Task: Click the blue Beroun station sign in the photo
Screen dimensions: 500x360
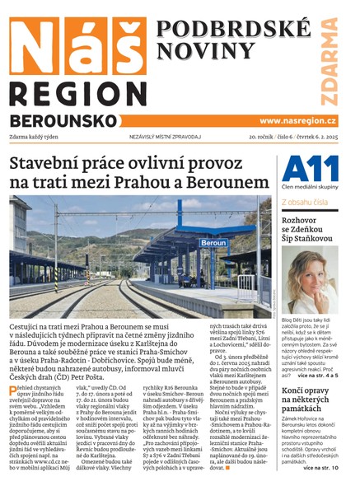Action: [x=213, y=244]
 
